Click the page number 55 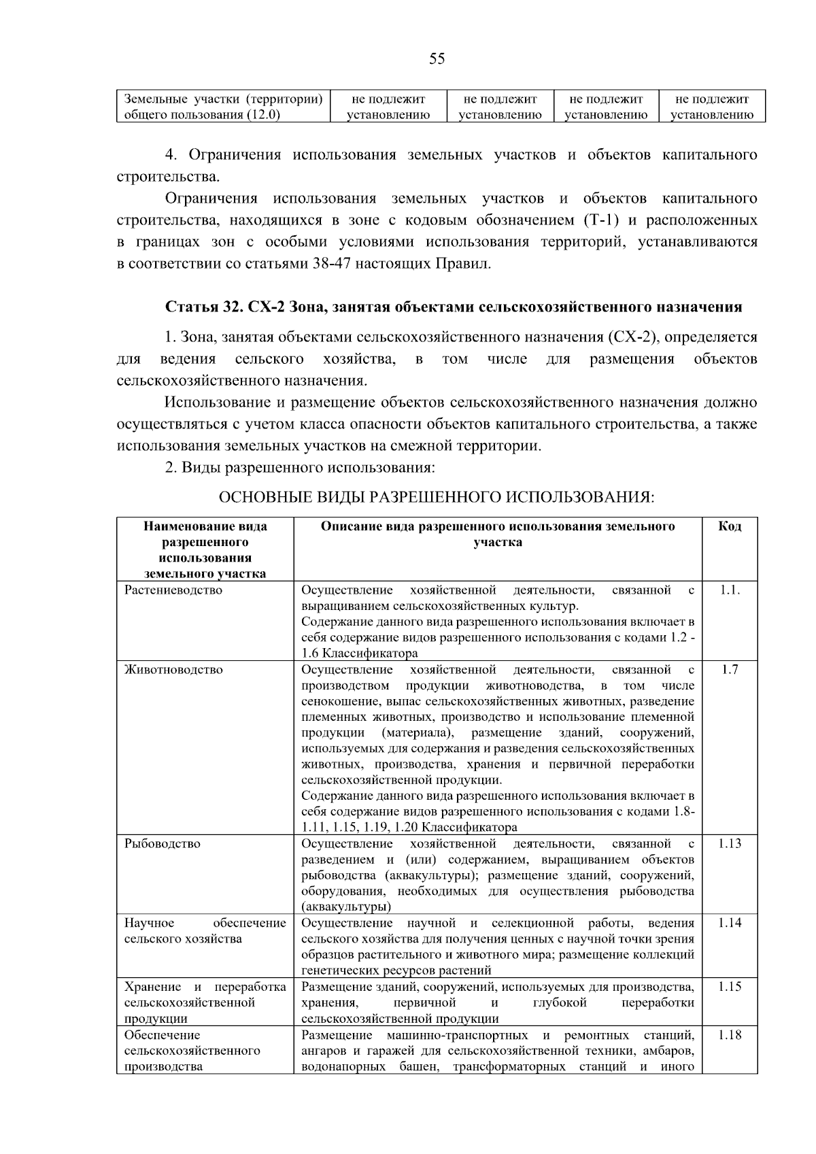coord(437,59)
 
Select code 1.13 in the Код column coord(729,843)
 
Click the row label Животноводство coord(173,669)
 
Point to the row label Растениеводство coord(173,590)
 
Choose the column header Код coord(729,526)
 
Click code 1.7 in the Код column coord(729,669)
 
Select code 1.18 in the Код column coord(729,1035)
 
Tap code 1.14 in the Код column coord(729,923)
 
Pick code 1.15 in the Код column coord(729,987)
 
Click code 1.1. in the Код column coord(729,590)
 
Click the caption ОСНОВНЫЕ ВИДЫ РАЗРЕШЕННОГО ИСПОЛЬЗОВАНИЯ coord(436,498)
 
